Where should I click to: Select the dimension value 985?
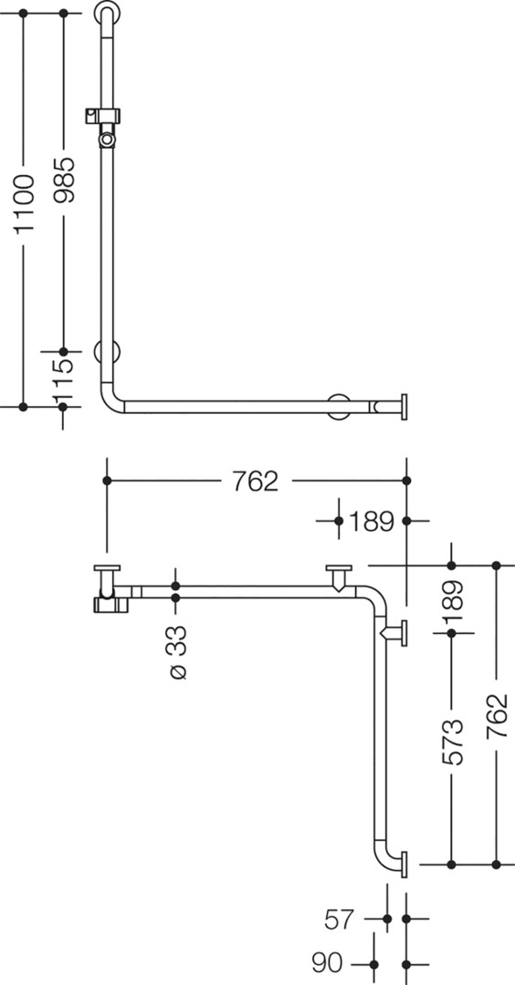click(64, 180)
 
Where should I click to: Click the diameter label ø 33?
click(178, 652)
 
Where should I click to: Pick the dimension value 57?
click(341, 919)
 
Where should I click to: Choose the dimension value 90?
click(327, 962)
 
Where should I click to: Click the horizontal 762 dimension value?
click(255, 482)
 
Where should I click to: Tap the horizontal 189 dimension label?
click(372, 522)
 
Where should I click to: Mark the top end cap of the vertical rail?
click(108, 11)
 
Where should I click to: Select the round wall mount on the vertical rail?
click(107, 352)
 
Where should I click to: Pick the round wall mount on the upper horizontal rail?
click(341, 407)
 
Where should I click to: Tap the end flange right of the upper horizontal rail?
click(404, 407)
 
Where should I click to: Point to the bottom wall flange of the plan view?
click(404, 865)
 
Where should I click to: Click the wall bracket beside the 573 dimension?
click(395, 633)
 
